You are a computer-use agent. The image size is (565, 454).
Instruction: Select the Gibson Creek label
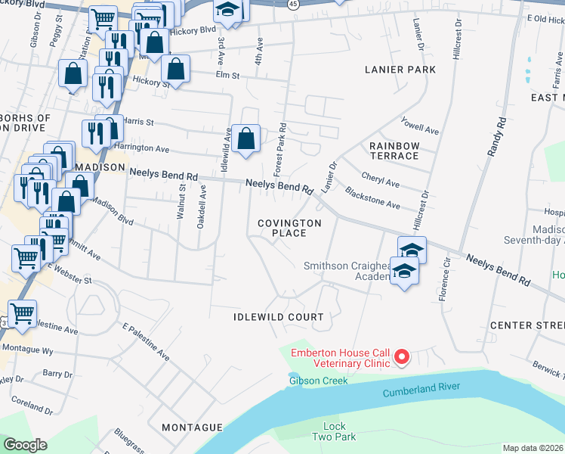click(318, 381)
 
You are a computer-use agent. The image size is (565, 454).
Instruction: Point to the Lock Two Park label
click(334, 432)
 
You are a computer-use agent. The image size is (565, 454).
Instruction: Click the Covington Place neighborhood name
click(289, 228)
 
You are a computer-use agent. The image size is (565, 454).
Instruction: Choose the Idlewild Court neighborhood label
click(278, 317)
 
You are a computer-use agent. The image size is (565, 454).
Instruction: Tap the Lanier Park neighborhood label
click(400, 70)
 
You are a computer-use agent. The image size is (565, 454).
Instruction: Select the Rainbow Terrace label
click(394, 151)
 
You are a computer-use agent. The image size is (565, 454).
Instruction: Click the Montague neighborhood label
click(192, 428)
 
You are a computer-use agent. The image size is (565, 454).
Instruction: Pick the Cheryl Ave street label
click(380, 183)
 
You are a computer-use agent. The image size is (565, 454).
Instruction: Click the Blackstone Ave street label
click(372, 199)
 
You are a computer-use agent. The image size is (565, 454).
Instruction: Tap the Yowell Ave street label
click(420, 126)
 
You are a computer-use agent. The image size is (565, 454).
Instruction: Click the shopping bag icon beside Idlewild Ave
click(245, 139)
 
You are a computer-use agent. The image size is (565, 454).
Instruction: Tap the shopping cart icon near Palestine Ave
click(23, 313)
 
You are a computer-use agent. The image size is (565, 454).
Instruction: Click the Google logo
click(24, 445)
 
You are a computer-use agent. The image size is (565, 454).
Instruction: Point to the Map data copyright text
click(533, 448)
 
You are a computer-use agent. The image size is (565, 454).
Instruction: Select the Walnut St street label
click(181, 201)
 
